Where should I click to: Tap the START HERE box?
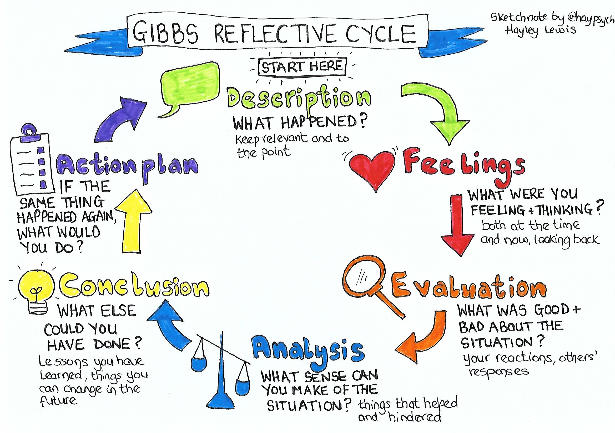click(302, 67)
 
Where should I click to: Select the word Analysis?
click(308, 349)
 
